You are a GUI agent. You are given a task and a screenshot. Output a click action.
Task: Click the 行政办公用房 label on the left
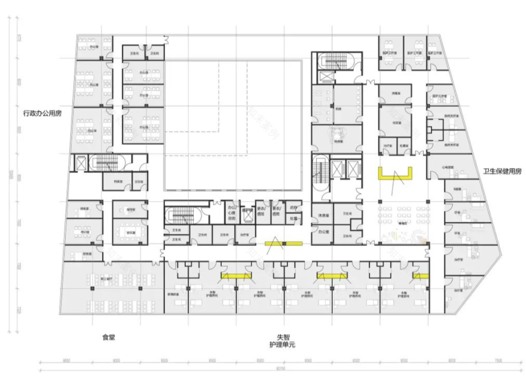[x=42, y=113]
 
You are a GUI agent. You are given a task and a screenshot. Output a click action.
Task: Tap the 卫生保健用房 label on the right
[x=502, y=171]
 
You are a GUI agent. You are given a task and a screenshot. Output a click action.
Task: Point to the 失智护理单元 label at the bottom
[x=283, y=341]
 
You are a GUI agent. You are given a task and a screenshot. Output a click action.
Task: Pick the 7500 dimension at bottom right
[x=498, y=360]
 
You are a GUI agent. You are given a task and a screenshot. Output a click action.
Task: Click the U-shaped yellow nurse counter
[x=395, y=174]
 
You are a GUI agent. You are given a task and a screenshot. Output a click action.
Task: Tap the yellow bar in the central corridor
[x=285, y=243]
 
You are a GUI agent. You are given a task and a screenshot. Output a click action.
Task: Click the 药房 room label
[x=293, y=209]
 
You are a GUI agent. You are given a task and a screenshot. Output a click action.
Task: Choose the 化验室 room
[x=395, y=123]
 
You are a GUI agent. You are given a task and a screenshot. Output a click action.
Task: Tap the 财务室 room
[x=87, y=254]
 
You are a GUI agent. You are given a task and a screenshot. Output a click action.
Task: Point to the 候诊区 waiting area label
[x=395, y=220]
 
